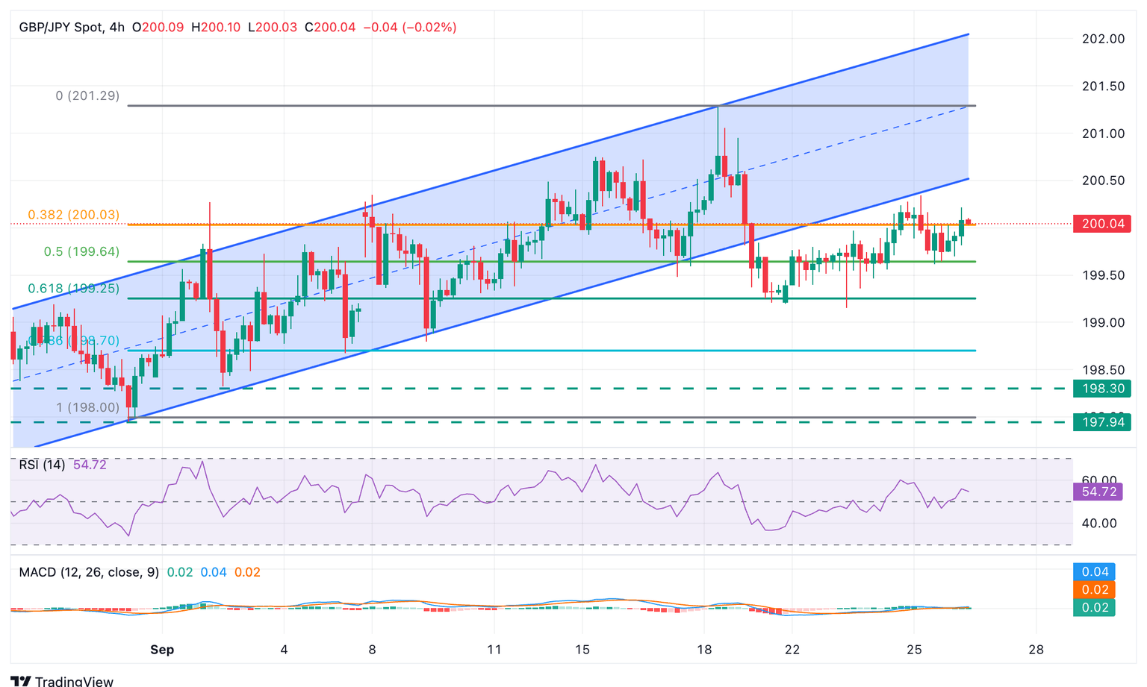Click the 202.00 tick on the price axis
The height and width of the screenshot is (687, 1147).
pyautogui.click(x=1103, y=39)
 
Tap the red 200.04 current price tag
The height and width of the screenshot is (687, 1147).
pyautogui.click(x=1101, y=224)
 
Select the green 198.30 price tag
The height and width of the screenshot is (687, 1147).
pyautogui.click(x=1101, y=389)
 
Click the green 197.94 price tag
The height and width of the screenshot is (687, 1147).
pyautogui.click(x=1101, y=423)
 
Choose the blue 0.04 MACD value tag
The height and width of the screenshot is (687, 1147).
pyautogui.click(x=1095, y=572)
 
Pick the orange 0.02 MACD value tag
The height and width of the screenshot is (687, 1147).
pyautogui.click(x=1095, y=590)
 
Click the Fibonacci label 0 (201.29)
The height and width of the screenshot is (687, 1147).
pyautogui.click(x=87, y=96)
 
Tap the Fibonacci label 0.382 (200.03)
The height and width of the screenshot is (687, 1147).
pyautogui.click(x=73, y=215)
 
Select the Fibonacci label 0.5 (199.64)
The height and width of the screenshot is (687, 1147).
pyautogui.click(x=81, y=252)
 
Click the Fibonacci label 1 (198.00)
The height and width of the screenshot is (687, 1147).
pyautogui.click(x=88, y=407)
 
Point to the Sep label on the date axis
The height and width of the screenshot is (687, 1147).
pyautogui.click(x=162, y=650)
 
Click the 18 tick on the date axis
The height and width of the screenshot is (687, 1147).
pyautogui.click(x=703, y=650)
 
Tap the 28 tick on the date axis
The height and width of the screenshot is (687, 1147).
pyautogui.click(x=1035, y=650)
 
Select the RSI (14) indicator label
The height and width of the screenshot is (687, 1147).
pyautogui.click(x=42, y=465)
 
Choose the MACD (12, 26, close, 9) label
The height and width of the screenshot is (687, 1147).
pyautogui.click(x=89, y=572)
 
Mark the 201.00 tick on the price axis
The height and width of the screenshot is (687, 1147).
pyautogui.click(x=1103, y=134)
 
